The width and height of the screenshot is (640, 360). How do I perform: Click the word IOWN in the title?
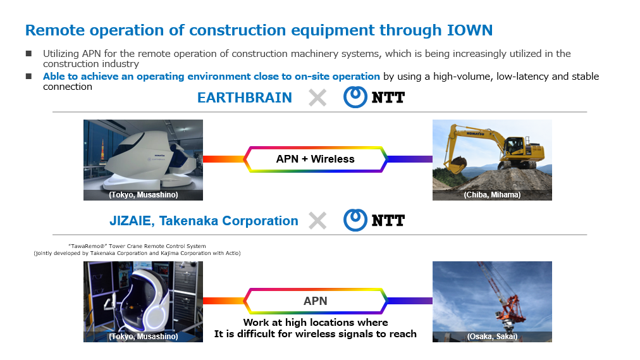(x=470, y=30)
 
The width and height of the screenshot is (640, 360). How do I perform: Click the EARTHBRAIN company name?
(x=245, y=98)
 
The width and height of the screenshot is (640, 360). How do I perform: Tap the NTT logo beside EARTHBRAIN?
(x=374, y=97)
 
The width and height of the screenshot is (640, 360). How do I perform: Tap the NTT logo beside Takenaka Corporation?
(x=374, y=220)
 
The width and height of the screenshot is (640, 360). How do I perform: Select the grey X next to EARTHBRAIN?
(x=317, y=98)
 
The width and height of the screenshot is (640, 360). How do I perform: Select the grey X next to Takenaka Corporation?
(x=317, y=221)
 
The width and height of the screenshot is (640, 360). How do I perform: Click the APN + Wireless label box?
(x=315, y=159)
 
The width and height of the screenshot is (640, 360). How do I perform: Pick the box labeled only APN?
(x=315, y=301)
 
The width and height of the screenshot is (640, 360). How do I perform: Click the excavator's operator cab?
(x=514, y=146)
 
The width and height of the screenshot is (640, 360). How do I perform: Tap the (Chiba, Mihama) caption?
(x=492, y=195)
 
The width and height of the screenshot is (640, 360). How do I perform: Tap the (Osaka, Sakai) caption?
(x=492, y=337)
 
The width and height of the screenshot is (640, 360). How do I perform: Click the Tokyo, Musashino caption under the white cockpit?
(x=144, y=195)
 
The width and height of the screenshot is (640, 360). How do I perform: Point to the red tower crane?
(x=502, y=298)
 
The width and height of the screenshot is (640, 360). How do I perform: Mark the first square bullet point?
(x=28, y=54)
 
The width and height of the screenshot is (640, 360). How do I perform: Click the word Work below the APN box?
(x=256, y=323)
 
